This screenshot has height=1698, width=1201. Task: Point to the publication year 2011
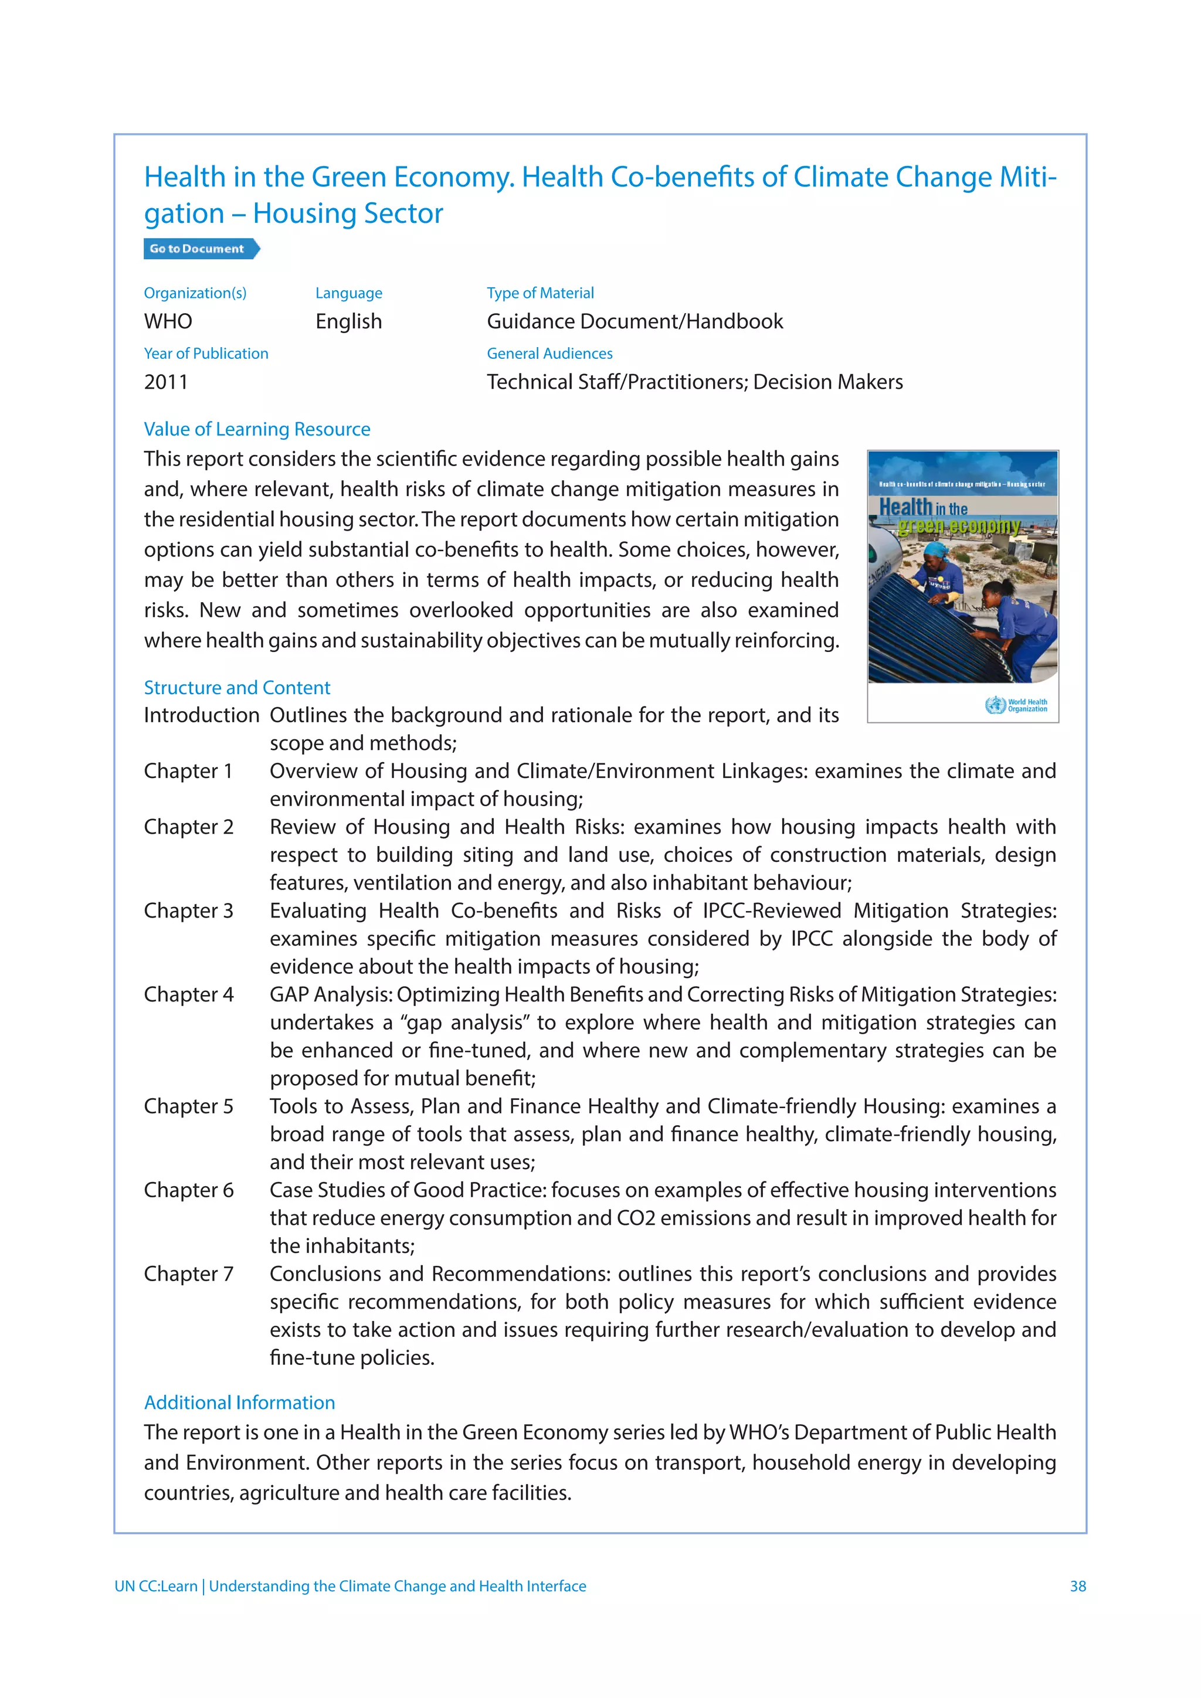(x=165, y=382)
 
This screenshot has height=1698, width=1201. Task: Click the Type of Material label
(x=540, y=293)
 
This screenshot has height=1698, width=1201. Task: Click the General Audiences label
(x=549, y=354)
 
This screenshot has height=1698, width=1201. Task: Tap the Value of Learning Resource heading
(x=257, y=429)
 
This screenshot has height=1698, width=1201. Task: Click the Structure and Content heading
(x=237, y=687)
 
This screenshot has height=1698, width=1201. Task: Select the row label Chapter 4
(x=189, y=994)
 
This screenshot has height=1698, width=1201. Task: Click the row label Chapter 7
(x=189, y=1273)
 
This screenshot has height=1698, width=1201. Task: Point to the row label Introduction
(x=201, y=715)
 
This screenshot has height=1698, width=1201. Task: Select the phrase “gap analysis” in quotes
(x=464, y=1023)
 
